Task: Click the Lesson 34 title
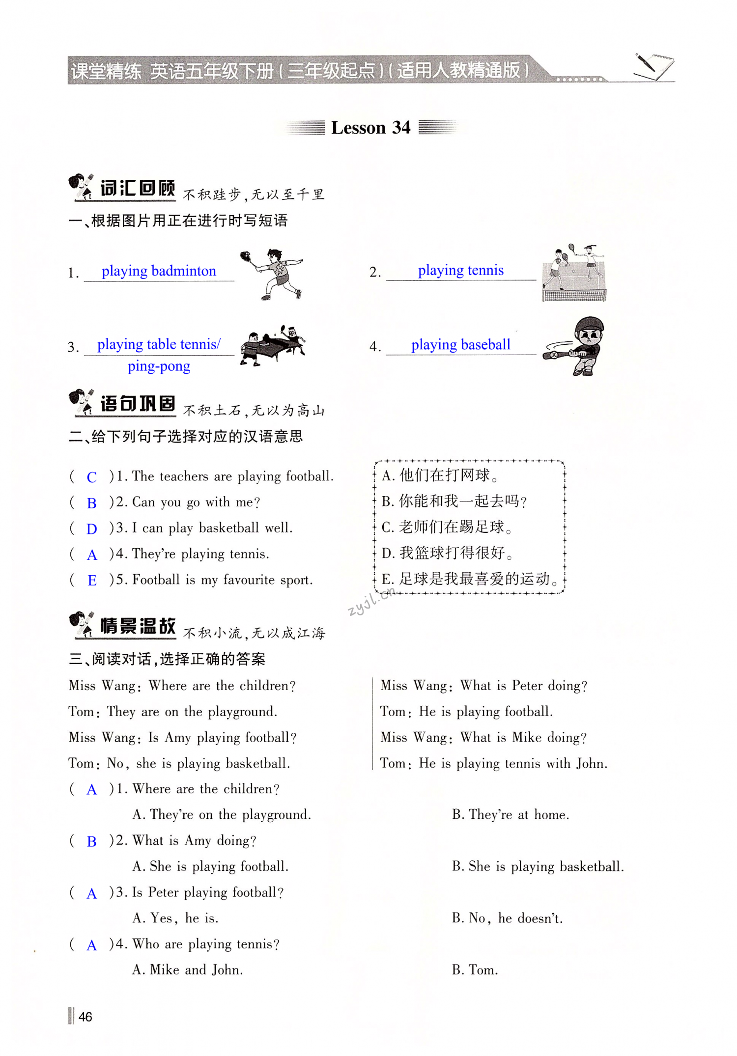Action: click(x=370, y=128)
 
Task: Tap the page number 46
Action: click(x=85, y=1016)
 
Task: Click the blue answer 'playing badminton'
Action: click(x=159, y=271)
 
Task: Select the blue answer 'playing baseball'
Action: click(x=460, y=345)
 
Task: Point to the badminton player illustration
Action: click(x=272, y=274)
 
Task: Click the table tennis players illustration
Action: click(x=272, y=345)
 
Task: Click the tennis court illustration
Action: click(x=574, y=273)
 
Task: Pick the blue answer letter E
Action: click(x=92, y=581)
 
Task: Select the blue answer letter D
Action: click(x=92, y=529)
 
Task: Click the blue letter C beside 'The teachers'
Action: click(x=92, y=477)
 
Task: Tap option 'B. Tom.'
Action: click(x=475, y=970)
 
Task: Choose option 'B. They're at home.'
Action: click(x=510, y=815)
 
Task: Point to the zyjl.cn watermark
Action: click(x=371, y=602)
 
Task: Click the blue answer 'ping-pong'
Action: click(x=159, y=366)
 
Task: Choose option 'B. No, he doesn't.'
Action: click(x=507, y=918)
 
